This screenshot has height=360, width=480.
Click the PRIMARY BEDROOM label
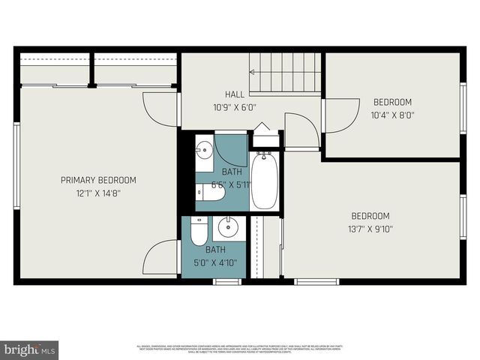(98, 180)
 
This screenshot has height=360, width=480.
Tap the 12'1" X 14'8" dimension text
(98, 193)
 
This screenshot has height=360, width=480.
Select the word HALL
(235, 94)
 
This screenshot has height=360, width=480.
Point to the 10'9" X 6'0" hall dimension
(235, 107)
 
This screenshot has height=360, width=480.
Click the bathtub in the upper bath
(264, 181)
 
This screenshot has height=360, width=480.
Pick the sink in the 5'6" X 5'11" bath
(203, 150)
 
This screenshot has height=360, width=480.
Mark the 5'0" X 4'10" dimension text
(216, 263)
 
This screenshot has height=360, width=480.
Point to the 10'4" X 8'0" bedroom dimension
(392, 115)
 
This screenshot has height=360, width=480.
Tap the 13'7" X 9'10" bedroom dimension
(370, 229)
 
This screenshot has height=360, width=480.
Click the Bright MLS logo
(31, 349)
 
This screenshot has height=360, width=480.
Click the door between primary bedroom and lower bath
(161, 259)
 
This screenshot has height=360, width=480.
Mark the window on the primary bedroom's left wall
(16, 166)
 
